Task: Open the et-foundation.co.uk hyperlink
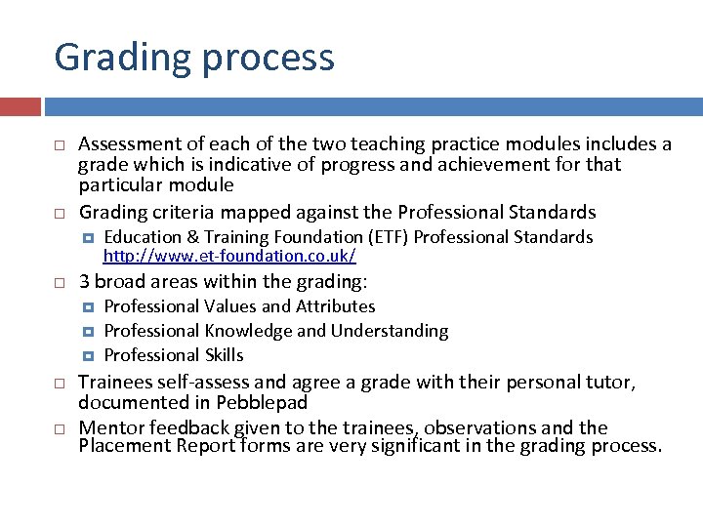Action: click(229, 256)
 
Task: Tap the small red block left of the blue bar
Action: click(20, 106)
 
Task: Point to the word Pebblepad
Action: click(272, 402)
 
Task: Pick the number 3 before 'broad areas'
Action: click(84, 282)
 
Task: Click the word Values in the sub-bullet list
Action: click(230, 306)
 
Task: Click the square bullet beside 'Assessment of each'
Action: click(59, 145)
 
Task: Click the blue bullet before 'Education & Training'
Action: click(88, 237)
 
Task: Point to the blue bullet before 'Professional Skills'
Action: click(88, 355)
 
